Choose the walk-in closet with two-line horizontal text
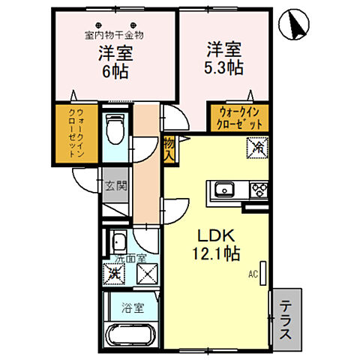[x=238, y=118]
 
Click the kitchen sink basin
[x=225, y=189]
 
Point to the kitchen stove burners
[x=258, y=189]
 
